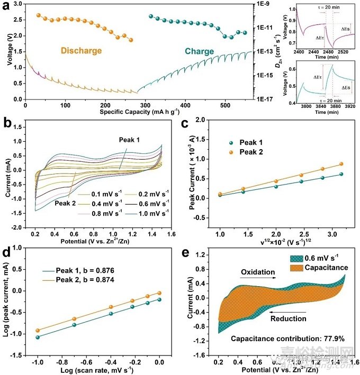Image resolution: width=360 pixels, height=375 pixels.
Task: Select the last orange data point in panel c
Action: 341,164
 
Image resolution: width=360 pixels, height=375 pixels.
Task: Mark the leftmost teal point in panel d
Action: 37,337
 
